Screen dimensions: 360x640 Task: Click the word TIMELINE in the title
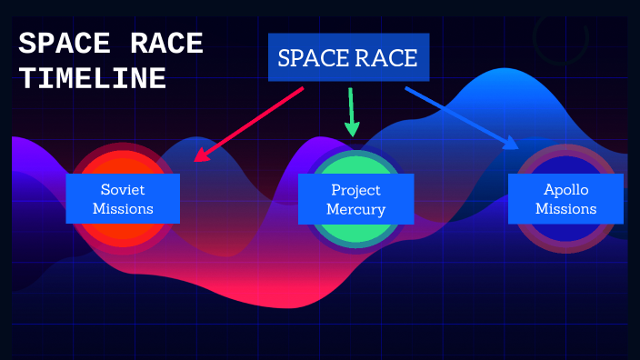point(93,79)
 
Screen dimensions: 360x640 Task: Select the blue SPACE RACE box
point(347,59)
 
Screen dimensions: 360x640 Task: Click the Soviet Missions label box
point(123,199)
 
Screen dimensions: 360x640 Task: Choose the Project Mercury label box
point(355,199)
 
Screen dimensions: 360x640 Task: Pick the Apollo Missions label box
point(565,199)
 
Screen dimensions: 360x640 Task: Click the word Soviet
point(123,190)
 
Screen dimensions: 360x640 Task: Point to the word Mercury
point(356,209)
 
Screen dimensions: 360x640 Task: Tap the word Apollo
point(565,190)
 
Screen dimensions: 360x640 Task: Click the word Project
point(355,190)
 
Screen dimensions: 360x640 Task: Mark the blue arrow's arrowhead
point(511,143)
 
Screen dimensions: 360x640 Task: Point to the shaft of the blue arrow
point(455,115)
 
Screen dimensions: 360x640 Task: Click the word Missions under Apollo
point(565,209)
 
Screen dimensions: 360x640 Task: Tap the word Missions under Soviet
point(123,209)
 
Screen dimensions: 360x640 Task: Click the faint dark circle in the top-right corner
point(560,36)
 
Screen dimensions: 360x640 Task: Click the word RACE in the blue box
point(386,59)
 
